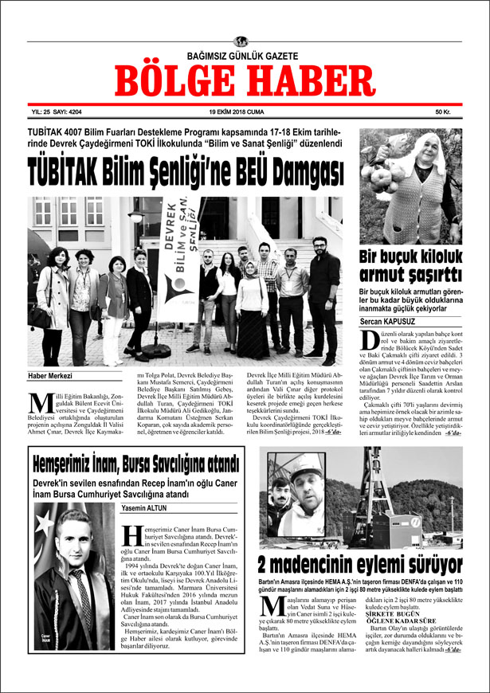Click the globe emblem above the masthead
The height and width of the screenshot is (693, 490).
pyautogui.click(x=241, y=41)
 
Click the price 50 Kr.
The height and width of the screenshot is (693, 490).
pyautogui.click(x=443, y=112)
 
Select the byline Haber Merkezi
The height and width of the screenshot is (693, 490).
pyautogui.click(x=50, y=376)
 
